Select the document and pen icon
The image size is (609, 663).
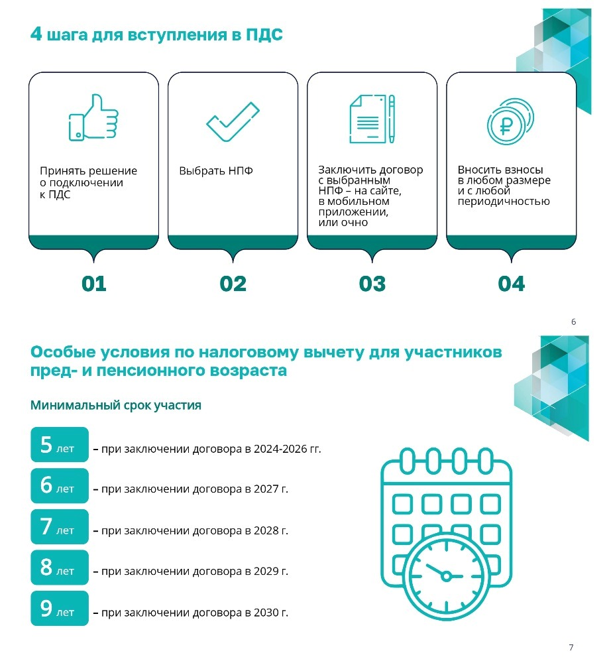pyautogui.click(x=372, y=118)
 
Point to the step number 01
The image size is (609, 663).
pyautogui.click(x=93, y=284)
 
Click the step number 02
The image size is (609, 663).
pyautogui.click(x=233, y=284)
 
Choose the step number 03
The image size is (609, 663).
pyautogui.click(x=372, y=284)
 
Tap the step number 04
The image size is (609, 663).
pyautogui.click(x=511, y=284)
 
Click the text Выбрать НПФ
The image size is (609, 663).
pyautogui.click(x=216, y=171)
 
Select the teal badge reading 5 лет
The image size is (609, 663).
pyautogui.click(x=60, y=445)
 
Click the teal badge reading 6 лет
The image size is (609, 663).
pyautogui.click(x=60, y=486)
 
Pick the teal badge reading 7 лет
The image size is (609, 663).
pyautogui.click(x=60, y=527)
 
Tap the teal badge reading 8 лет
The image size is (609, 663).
pyautogui.click(x=60, y=568)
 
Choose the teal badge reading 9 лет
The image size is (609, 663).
pyautogui.click(x=60, y=609)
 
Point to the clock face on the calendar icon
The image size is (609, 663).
pyautogui.click(x=446, y=575)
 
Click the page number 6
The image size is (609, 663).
pyautogui.click(x=573, y=322)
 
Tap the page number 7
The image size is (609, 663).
pyautogui.click(x=571, y=647)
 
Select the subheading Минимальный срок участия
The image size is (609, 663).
pyautogui.click(x=116, y=405)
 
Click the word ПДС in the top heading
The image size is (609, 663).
pyautogui.click(x=264, y=34)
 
